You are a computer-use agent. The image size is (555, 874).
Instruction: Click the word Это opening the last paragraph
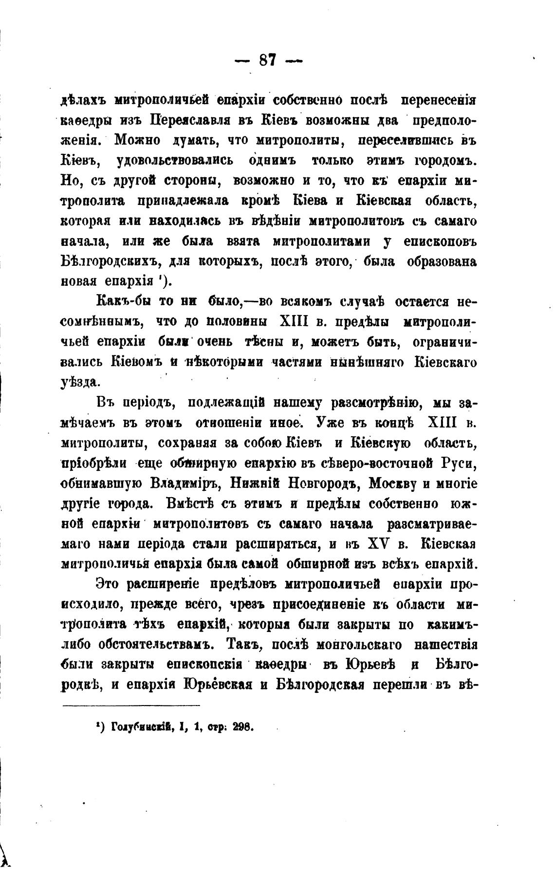pos(108,584)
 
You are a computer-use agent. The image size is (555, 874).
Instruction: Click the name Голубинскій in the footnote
pos(144,727)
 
